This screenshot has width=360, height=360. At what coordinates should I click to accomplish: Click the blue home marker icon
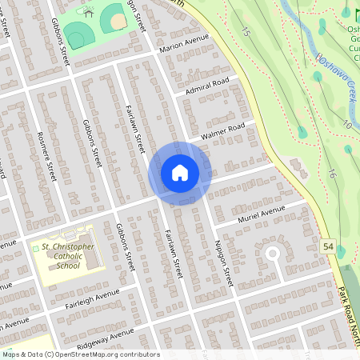(x=180, y=173)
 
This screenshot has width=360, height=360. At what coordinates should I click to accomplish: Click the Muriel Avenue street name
(x=261, y=214)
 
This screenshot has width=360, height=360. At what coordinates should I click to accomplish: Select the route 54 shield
(x=329, y=250)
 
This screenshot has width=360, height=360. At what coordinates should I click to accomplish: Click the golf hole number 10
(x=346, y=124)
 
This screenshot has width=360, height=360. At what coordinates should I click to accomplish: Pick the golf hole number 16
(x=330, y=174)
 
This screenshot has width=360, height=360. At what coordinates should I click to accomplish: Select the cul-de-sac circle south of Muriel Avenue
(x=271, y=254)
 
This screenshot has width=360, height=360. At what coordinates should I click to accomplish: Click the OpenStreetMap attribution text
(x=80, y=354)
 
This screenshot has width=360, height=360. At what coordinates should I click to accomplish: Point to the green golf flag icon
(x=346, y=13)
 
